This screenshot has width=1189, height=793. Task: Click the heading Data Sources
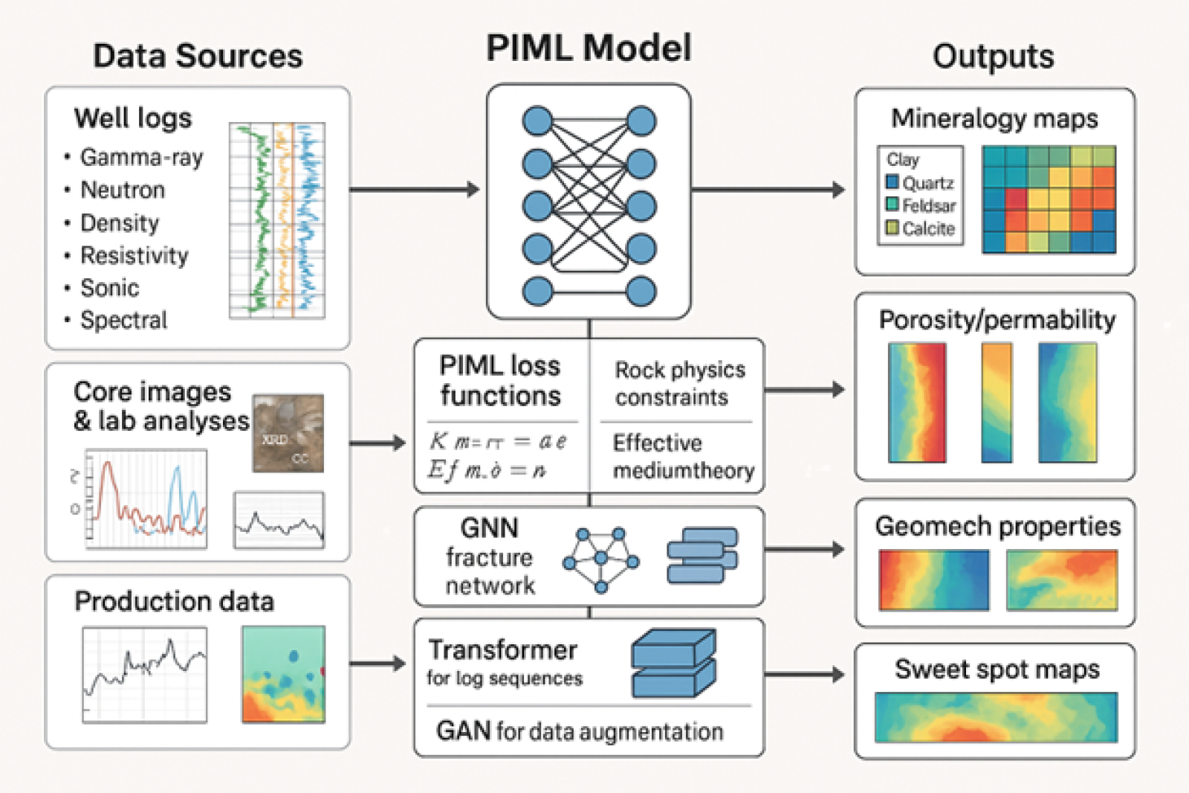click(x=198, y=57)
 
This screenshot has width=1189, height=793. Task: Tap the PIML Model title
click(x=589, y=48)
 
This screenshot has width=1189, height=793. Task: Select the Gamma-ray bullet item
click(x=141, y=158)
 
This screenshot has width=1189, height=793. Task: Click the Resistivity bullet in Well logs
click(x=134, y=256)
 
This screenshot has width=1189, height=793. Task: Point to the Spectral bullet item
click(x=123, y=321)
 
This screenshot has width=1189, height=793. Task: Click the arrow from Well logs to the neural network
click(x=414, y=190)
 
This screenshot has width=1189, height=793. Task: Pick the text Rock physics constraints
click(x=679, y=383)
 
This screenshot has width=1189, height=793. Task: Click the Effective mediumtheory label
click(x=682, y=457)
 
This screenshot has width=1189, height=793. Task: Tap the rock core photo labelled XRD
click(x=288, y=434)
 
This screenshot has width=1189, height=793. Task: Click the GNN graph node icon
click(x=601, y=559)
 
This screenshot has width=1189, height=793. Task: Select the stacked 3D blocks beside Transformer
click(x=673, y=662)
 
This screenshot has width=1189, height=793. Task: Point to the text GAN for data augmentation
click(x=580, y=731)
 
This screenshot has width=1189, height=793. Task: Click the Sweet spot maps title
click(x=997, y=669)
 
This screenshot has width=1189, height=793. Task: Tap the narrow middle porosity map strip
click(x=997, y=402)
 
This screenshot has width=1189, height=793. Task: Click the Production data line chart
click(x=145, y=675)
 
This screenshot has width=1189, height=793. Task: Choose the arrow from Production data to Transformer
click(x=377, y=663)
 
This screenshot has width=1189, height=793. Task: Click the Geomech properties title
click(x=997, y=526)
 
